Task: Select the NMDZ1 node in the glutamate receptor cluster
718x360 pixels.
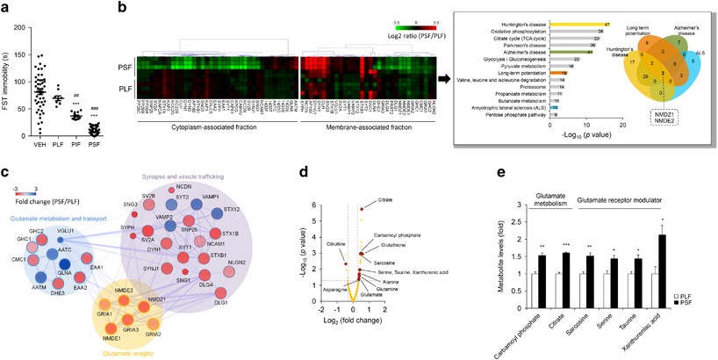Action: [x=153, y=300]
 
